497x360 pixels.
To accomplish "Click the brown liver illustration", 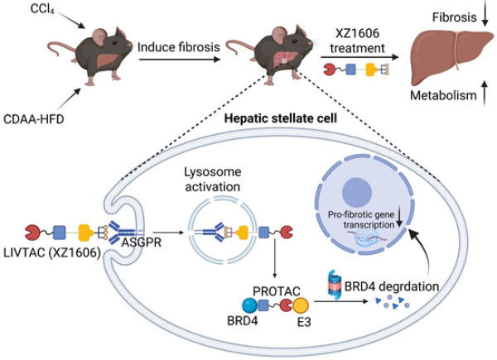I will [x=448, y=59].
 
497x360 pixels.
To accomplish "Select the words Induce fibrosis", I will [x=180, y=48].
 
